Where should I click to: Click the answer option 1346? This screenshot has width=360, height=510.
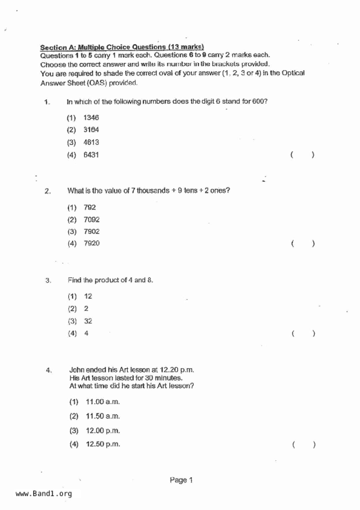(91, 118)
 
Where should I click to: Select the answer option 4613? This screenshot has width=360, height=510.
(91, 142)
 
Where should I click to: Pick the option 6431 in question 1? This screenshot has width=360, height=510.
(91, 155)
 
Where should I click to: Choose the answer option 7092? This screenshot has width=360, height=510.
(92, 220)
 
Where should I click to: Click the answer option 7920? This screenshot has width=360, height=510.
(92, 243)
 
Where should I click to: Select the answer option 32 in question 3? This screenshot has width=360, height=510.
(88, 321)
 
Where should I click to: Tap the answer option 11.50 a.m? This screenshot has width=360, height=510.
(103, 416)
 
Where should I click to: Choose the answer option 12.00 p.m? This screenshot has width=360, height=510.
(103, 431)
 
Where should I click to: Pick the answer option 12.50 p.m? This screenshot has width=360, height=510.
(103, 444)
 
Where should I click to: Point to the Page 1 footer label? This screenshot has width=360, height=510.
(181, 480)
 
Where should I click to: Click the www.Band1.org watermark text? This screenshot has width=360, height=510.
(44, 494)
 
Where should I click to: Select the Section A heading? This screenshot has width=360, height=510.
(122, 47)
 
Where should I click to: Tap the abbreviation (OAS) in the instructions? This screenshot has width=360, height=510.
(97, 83)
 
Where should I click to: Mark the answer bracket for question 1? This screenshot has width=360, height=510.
(302, 155)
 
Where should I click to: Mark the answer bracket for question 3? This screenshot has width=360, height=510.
(303, 334)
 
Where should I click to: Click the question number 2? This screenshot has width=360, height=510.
(48, 191)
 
